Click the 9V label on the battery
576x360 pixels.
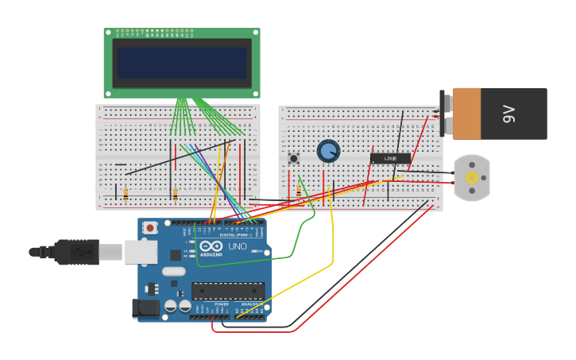[x=510, y=114]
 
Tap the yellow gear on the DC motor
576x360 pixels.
[x=472, y=178]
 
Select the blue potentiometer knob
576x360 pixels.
[x=328, y=151]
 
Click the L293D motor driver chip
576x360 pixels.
[x=390, y=158]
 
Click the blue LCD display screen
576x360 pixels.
[x=182, y=63]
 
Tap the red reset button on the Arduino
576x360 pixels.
[x=149, y=228]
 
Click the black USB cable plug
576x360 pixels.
[x=77, y=252]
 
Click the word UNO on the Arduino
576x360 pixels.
[x=238, y=246]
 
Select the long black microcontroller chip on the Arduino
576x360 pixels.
[x=228, y=291]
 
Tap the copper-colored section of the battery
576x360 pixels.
[x=466, y=114]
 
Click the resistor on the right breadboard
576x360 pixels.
[x=299, y=191]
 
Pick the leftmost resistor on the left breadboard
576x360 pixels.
[x=126, y=194]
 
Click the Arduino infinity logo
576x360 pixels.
[x=211, y=246]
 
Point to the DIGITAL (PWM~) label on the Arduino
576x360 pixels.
[x=235, y=235]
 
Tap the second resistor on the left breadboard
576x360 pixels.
[x=175, y=194]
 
